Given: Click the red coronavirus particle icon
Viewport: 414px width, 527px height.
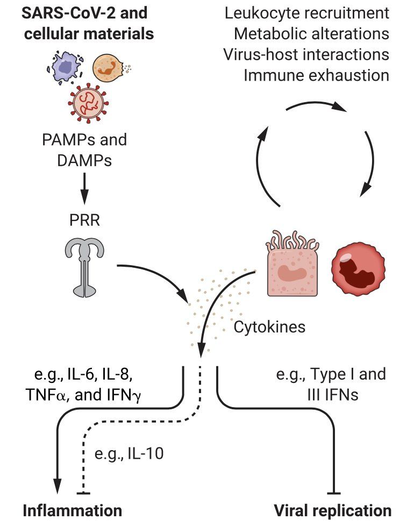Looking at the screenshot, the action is tap(89, 103).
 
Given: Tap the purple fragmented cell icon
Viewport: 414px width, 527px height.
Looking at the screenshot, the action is tap(66, 67).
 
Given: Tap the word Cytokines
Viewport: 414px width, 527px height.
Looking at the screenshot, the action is tap(269, 327).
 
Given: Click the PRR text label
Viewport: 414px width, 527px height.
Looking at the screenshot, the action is tap(84, 220).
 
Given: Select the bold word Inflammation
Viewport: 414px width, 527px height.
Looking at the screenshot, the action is tap(72, 511).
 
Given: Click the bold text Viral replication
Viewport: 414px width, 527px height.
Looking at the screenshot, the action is tap(333, 511).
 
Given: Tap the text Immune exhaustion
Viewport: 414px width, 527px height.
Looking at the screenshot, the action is tap(316, 75).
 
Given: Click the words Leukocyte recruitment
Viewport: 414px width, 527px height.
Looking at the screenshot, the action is tap(307, 13).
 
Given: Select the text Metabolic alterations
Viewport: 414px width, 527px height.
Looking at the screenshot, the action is tap(311, 34).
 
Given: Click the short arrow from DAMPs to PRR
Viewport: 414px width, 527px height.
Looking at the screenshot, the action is tap(84, 189).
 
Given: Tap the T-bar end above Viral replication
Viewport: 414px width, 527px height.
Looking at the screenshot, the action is tap(334, 494).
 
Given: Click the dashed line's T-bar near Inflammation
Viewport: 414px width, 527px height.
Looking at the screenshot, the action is tap(83, 494).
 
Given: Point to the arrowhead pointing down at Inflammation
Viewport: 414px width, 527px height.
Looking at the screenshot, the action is tap(58, 486).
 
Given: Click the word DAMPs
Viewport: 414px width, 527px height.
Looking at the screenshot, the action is tap(84, 161).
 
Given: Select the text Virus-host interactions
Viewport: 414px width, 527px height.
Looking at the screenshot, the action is tap(306, 55).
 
